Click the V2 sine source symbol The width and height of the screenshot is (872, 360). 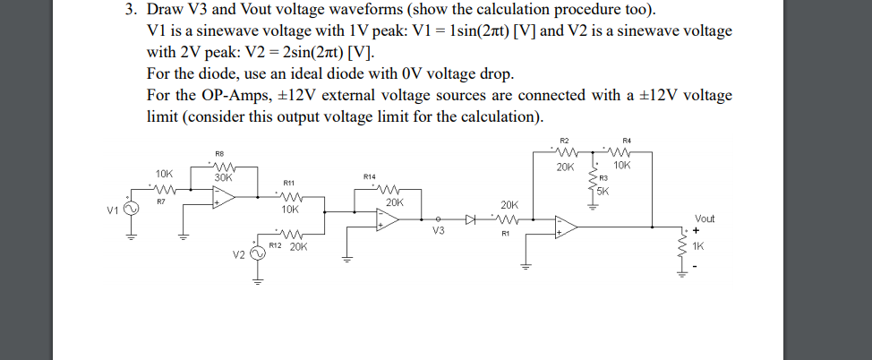coord(257,254)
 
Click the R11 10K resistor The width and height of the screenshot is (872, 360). coord(290,199)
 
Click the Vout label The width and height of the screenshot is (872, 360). coord(705,218)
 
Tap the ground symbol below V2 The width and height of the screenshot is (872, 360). coord(257,279)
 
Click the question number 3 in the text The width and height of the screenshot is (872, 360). coord(130,11)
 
